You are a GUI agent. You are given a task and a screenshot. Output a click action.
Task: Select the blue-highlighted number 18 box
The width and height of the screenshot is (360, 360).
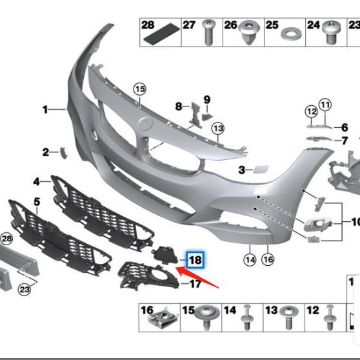pos(195,259)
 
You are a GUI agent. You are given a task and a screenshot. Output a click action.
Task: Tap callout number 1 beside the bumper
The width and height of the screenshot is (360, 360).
pos(46,110)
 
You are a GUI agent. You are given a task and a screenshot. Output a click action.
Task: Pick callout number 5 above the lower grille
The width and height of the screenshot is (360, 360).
pos(37,202)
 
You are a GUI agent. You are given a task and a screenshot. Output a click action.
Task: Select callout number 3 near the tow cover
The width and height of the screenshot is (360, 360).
pos(241,170)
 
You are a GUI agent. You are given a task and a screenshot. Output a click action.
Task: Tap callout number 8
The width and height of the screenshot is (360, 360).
pos(179,106)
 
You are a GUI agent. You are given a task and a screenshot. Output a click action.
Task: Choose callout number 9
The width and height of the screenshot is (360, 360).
pos(207,99)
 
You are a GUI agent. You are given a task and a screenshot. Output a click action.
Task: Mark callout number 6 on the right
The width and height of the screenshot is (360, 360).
pos(345,128)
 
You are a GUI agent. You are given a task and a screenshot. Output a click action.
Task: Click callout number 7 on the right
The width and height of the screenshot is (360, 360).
pos(345,141)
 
